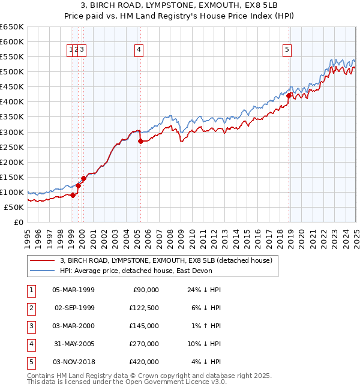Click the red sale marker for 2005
coord(140,142)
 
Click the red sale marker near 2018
coord(289,95)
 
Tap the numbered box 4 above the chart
coord(139,50)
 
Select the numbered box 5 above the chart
coord(287,50)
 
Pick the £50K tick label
coord(14,207)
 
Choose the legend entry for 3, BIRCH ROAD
coord(166,260)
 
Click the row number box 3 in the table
coord(30,326)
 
